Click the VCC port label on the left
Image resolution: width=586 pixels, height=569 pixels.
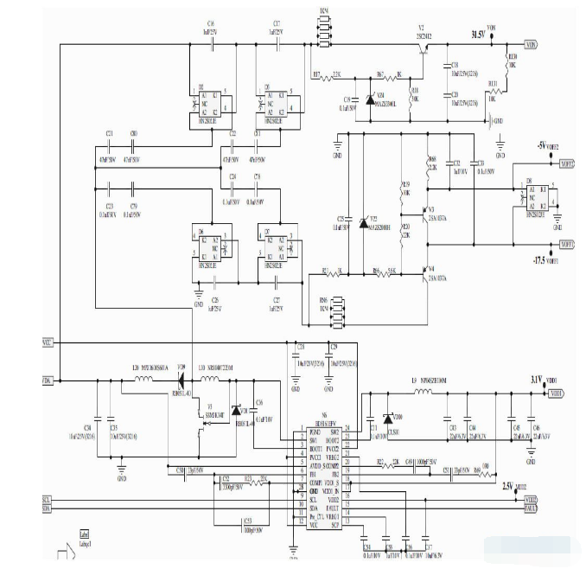[x=48, y=344]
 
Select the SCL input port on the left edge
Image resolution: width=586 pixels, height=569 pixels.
[x=47, y=500]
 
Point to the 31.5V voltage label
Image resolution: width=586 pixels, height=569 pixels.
[x=476, y=35]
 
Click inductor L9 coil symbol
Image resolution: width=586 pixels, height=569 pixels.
[x=424, y=393]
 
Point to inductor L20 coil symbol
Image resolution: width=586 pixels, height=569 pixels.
[x=140, y=379]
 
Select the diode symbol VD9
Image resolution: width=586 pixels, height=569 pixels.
[x=181, y=379]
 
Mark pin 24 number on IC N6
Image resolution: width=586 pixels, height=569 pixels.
[x=347, y=428]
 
